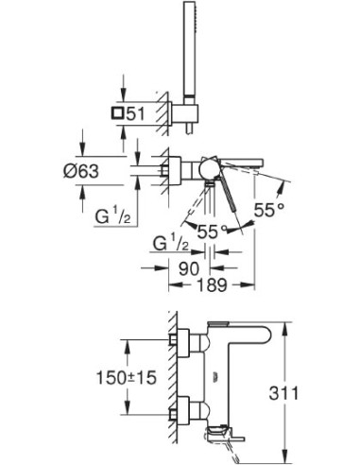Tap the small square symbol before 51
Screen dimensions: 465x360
[x=115, y=113]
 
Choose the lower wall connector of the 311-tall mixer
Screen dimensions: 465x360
[x=183, y=412]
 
